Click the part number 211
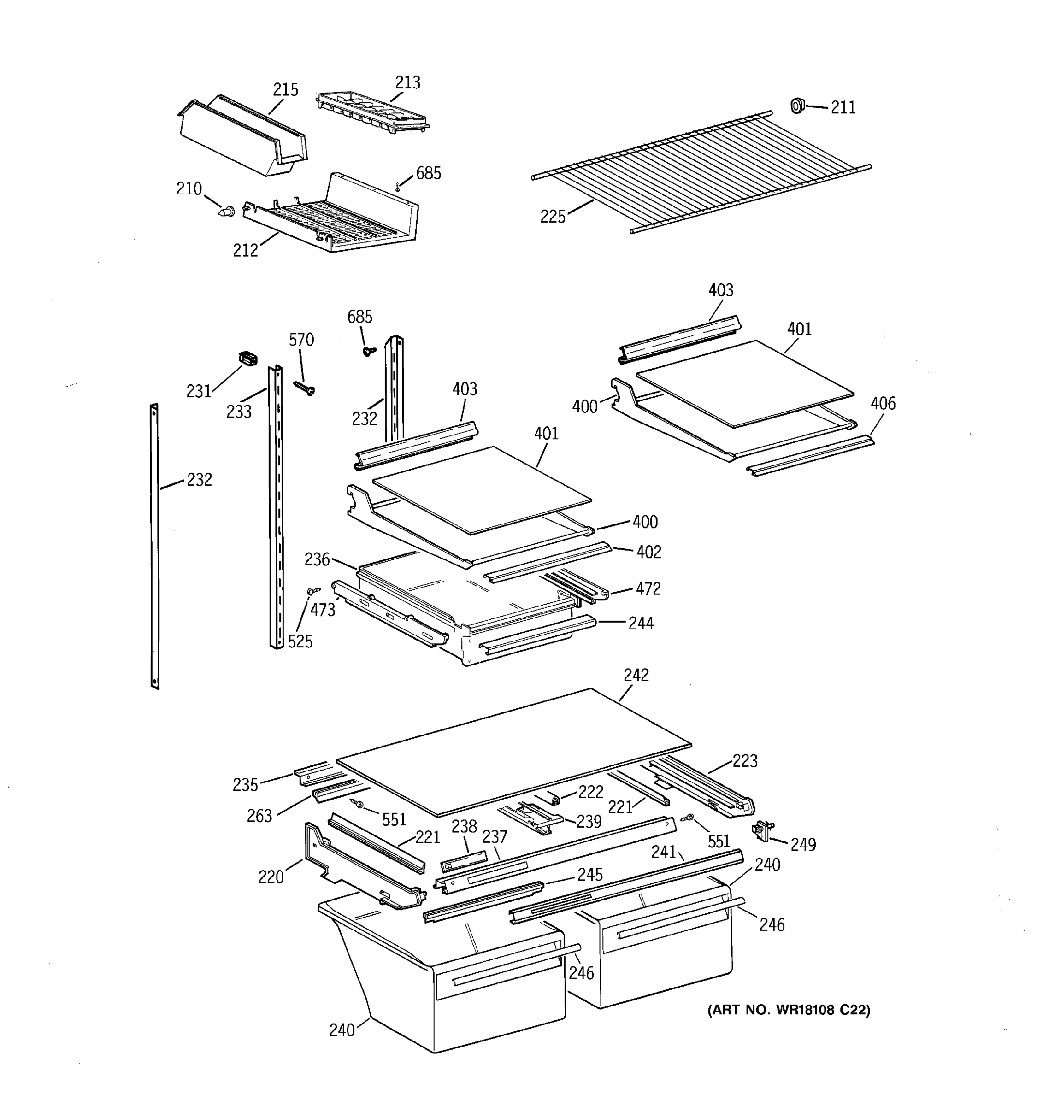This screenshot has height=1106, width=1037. coord(843,107)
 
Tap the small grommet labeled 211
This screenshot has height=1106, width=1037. coord(798,105)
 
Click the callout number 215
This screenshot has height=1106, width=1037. coord(285,89)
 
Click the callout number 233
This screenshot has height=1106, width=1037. coord(239,412)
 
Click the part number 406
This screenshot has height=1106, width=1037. coord(883,403)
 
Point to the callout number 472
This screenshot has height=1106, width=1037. coord(648,588)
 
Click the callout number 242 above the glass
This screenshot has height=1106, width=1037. coord(636,675)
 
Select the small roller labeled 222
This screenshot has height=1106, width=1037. coord(554,800)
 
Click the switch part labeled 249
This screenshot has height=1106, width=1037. coord(760,832)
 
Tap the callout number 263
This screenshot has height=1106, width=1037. coord(259,816)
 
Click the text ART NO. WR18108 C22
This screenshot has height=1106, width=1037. coord(788,1010)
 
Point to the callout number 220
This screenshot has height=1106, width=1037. coord(271,877)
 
